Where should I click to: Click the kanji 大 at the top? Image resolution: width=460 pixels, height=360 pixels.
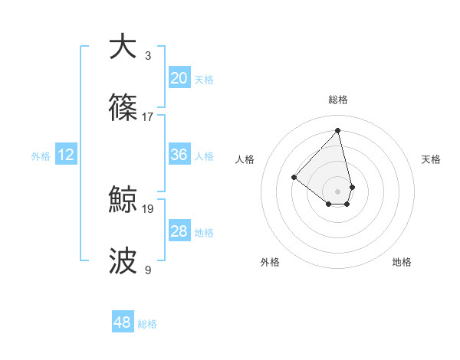coord(123,47)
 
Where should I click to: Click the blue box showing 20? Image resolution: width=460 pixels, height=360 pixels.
coord(179,77)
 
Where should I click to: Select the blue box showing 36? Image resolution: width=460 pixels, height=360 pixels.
coord(179,155)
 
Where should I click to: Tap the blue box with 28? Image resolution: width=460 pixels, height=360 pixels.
coord(179,231)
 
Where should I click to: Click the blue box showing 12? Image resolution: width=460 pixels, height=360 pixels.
coord(66,155)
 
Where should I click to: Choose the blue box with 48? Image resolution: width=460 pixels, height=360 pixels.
coord(123,322)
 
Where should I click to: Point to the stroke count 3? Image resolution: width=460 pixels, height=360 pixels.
coord(148,55)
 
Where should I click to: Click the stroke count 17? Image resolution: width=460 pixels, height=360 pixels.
coord(148,116)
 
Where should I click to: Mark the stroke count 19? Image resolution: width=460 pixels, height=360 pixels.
coord(148,208)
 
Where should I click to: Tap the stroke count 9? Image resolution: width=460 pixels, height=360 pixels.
coord(148,270)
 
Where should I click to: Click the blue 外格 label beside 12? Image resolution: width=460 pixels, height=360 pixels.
coord(41,156)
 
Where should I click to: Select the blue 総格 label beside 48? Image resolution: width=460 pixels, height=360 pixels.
coord(147,324)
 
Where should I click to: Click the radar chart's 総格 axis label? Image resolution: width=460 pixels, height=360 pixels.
coord(338,100)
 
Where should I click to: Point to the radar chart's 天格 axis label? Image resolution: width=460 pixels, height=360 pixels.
coord(432,159)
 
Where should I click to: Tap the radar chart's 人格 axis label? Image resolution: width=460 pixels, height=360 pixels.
coord(245,159)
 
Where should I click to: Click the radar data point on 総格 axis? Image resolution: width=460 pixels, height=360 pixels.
coord(337,130)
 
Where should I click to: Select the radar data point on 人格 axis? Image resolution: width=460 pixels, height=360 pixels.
coord(294,178)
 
